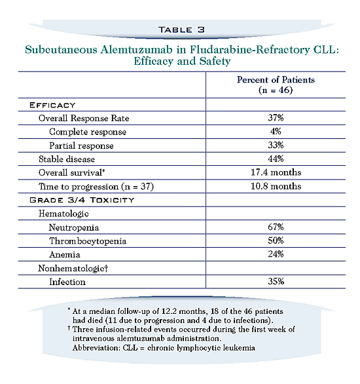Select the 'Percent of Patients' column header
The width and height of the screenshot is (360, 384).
[276, 80]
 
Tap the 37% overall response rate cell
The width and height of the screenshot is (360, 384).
[276, 119]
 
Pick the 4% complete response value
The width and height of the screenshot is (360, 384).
[276, 132]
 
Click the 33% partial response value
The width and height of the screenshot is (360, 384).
[276, 145]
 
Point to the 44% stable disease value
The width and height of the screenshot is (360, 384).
[276, 159]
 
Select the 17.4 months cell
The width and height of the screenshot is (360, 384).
[276, 172]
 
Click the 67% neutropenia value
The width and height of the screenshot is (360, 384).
[276, 227]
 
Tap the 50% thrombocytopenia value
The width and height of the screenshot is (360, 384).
[276, 240]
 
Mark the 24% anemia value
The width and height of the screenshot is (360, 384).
[276, 254]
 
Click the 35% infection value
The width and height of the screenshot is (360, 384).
[276, 281]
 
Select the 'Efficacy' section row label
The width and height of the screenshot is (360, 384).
[52, 105]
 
